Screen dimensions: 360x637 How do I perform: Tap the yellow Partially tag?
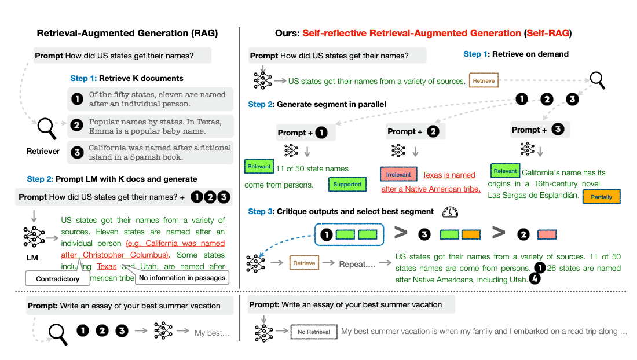pyautogui.click(x=601, y=197)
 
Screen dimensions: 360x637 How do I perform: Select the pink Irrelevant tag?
pyautogui.click(x=398, y=174)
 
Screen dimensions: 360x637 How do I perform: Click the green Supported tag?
pyautogui.click(x=347, y=185)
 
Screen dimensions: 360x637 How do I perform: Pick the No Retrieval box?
pyautogui.click(x=313, y=332)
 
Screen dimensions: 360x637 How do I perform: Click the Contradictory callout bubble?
pyautogui.click(x=58, y=279)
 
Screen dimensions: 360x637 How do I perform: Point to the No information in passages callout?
pyautogui.click(x=182, y=278)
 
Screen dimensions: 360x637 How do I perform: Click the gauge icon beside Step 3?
pyautogui.click(x=449, y=212)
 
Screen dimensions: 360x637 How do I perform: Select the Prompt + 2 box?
pyautogui.click(x=416, y=131)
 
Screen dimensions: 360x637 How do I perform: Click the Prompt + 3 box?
pyautogui.click(x=540, y=129)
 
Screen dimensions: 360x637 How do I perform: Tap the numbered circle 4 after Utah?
pyautogui.click(x=536, y=280)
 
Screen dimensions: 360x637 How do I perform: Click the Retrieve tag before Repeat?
pyautogui.click(x=304, y=263)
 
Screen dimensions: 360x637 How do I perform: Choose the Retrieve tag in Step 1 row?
pyautogui.click(x=483, y=81)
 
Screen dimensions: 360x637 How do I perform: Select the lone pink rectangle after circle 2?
pyautogui.click(x=547, y=234)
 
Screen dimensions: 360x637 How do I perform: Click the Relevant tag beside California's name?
pyautogui.click(x=505, y=171)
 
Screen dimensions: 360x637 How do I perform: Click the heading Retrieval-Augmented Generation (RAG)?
pyautogui.click(x=127, y=34)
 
